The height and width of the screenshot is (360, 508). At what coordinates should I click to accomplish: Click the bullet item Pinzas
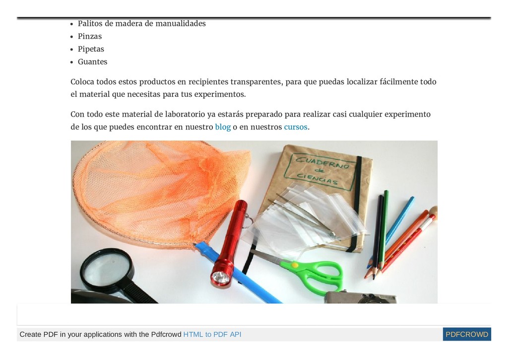(90, 36)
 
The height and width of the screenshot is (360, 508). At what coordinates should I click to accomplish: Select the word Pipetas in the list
(91, 49)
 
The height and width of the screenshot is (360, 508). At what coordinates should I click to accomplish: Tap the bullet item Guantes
(92, 62)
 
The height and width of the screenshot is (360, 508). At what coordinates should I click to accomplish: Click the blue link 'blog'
(223, 127)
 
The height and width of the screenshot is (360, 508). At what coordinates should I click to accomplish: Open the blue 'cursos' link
(296, 127)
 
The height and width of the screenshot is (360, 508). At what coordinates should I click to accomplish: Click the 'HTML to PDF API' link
(212, 334)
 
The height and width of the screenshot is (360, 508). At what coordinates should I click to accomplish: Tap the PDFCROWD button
(467, 334)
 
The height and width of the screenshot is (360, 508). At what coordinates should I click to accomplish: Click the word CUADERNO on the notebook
(322, 163)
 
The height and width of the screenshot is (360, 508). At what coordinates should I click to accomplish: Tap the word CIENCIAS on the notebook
(318, 179)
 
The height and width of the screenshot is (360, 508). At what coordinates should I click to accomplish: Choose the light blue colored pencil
(391, 231)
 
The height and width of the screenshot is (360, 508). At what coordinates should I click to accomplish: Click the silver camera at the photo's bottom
(360, 297)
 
